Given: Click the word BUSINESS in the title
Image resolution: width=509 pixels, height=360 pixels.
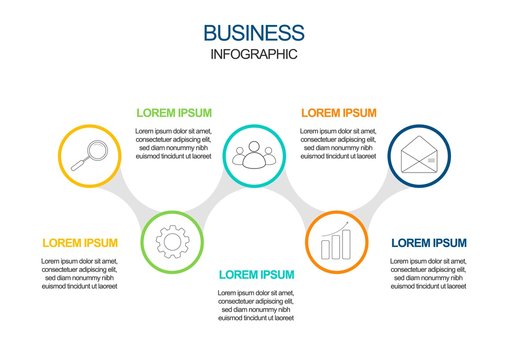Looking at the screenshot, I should pyautogui.click(x=254, y=34).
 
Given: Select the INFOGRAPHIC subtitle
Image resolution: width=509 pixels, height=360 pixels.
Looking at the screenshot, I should pyautogui.click(x=254, y=54).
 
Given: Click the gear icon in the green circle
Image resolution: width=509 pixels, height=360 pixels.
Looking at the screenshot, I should pyautogui.click(x=172, y=241).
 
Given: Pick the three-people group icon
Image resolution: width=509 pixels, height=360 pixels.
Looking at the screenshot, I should pyautogui.click(x=254, y=155).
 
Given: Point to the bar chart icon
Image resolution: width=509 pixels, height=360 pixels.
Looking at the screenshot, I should pyautogui.click(x=336, y=243).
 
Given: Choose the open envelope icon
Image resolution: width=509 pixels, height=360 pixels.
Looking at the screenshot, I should pyautogui.click(x=419, y=156).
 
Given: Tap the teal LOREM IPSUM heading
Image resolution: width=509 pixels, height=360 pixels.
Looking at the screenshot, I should pyautogui.click(x=256, y=274).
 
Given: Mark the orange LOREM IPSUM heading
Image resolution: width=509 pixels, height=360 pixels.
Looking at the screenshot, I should pyautogui.click(x=339, y=113).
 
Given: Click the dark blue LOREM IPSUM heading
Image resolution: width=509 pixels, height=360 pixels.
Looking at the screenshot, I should pyautogui.click(x=428, y=243).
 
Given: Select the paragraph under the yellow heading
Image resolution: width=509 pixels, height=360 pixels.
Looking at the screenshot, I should pyautogui.click(x=80, y=273).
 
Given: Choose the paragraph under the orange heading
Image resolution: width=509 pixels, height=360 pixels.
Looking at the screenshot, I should pyautogui.click(x=339, y=143).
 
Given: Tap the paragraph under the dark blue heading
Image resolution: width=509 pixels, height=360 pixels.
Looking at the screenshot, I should pyautogui.click(x=428, y=273).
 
